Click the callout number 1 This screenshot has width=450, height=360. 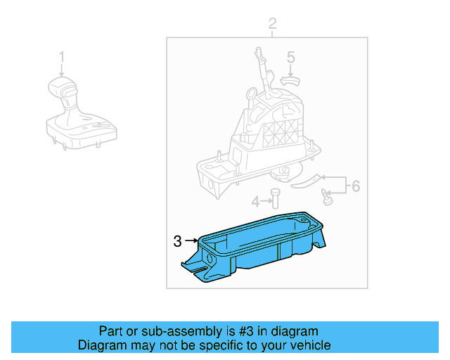(61, 56)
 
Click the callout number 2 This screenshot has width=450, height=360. (273, 26)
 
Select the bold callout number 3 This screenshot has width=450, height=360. (177, 241)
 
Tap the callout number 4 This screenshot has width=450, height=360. (257, 201)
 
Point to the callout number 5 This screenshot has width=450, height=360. (290, 57)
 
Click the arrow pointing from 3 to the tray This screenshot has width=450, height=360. (192, 241)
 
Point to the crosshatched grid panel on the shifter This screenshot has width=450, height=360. (284, 131)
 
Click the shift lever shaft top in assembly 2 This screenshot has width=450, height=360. (259, 52)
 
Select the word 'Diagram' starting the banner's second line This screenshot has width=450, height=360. (101, 345)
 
